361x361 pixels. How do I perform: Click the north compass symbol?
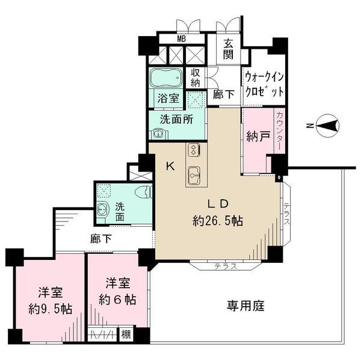pyautogui.click(x=327, y=126)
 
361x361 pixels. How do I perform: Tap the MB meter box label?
pyautogui.click(x=182, y=39)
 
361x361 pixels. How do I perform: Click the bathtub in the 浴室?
pyautogui.click(x=166, y=78)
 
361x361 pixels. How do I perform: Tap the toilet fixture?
pyautogui.click(x=143, y=192)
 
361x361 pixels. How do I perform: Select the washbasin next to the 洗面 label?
pyautogui.click(x=102, y=209)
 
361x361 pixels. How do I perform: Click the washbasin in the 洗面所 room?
pyautogui.click(x=158, y=134)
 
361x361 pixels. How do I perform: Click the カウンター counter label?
pyautogui.click(x=279, y=131)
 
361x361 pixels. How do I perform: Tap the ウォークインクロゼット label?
pyautogui.click(x=264, y=84)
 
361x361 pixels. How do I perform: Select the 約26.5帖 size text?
pyautogui.click(x=218, y=221)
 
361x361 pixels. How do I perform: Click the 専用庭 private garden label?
pyautogui.click(x=245, y=306)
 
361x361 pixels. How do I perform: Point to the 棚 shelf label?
pyautogui.click(x=126, y=335)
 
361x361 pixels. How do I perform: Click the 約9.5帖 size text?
pyautogui.click(x=50, y=309)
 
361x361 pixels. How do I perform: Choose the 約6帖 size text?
pyautogui.click(x=117, y=300)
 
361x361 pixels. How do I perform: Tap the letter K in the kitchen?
pyautogui.click(x=171, y=166)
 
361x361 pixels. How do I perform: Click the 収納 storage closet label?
pyautogui.click(x=195, y=78)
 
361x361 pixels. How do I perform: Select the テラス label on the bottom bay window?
pyautogui.click(x=226, y=267)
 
